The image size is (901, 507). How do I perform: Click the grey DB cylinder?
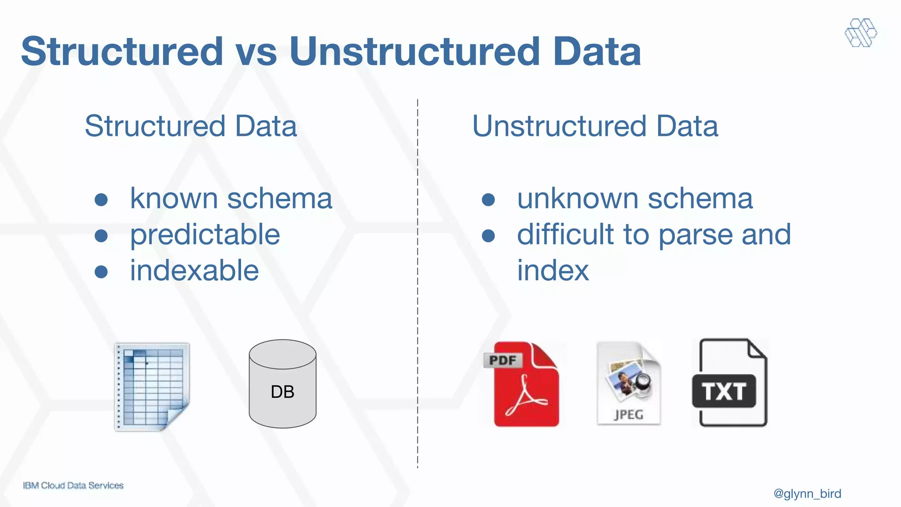pyautogui.click(x=282, y=384)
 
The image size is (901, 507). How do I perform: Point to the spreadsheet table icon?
pyautogui.click(x=152, y=386)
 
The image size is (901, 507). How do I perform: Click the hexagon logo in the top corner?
pyautogui.click(x=861, y=33)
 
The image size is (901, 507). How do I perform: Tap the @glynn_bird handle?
pyautogui.click(x=807, y=493)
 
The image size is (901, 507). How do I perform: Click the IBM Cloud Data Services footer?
pyautogui.click(x=73, y=485)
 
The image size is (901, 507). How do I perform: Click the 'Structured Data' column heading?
pyautogui.click(x=190, y=126)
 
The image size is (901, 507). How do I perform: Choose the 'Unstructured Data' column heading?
pyautogui.click(x=595, y=126)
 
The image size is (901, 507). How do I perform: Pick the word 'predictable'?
pyautogui.click(x=205, y=234)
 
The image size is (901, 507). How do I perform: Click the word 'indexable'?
pyautogui.click(x=194, y=270)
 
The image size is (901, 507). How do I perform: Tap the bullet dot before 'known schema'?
pyautogui.click(x=101, y=199)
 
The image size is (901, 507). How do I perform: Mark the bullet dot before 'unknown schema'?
pyautogui.click(x=488, y=199)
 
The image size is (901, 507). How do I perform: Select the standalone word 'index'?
pyautogui.click(x=553, y=270)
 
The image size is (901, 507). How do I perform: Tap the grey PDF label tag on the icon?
pyautogui.click(x=502, y=360)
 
